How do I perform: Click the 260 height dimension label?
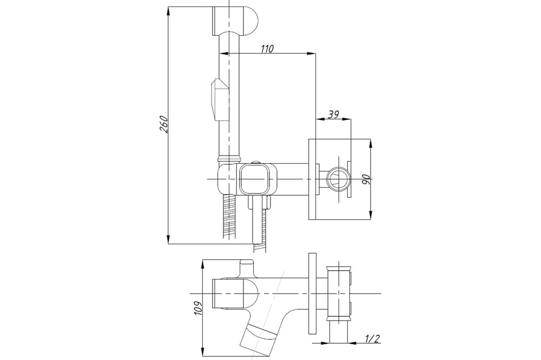pos(164,124)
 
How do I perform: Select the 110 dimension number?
pos(267,49)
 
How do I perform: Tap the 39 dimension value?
pos(333,114)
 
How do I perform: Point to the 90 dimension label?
pos(366,179)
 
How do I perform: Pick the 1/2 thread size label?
pos(373,339)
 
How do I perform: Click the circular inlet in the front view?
pos(338,179)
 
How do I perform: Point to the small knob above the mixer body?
pos(256,162)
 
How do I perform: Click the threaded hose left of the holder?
pos(229,216)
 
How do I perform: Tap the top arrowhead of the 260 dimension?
pos(168,11)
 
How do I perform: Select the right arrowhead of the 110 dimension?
pos(311,54)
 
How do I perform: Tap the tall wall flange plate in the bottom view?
pos(312,294)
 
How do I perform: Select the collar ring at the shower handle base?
pos(229,158)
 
